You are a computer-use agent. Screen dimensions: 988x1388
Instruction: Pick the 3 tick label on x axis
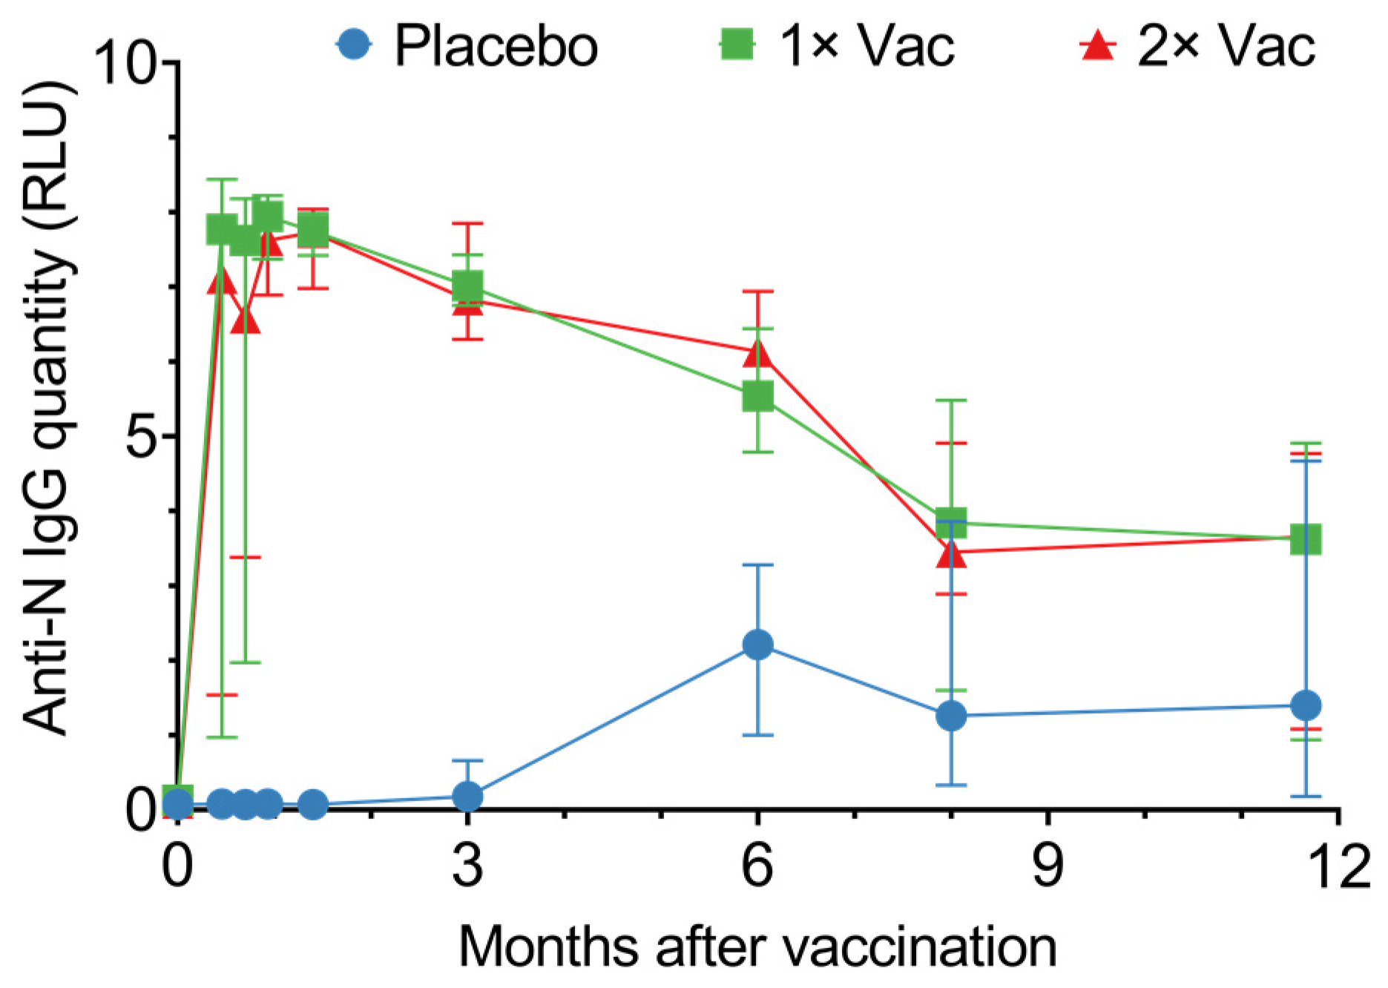pos(467,865)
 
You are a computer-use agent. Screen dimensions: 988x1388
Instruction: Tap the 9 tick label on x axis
pos(1047,865)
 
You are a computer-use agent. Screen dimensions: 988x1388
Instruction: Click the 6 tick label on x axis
pos(757,865)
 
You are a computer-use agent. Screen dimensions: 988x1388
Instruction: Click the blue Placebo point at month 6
pos(757,645)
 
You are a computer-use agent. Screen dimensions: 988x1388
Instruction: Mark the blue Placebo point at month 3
pos(467,797)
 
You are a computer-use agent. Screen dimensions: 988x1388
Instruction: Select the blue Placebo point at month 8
pos(951,716)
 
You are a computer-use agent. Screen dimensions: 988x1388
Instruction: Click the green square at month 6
pos(757,397)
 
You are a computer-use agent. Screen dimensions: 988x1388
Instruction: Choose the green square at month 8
pos(951,521)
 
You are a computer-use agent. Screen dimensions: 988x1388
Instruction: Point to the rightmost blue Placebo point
pos(1306,705)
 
